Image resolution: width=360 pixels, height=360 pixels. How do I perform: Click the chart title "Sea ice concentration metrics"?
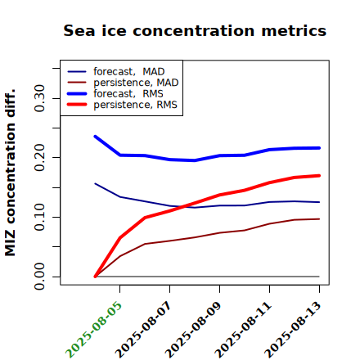click(195, 31)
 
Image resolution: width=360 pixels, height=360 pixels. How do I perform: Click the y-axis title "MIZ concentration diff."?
click(10, 173)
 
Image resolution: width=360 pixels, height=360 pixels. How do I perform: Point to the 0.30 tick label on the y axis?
click(40, 98)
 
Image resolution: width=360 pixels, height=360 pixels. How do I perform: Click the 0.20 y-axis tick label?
click(40, 158)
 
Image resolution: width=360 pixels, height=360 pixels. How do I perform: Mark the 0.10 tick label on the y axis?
click(40, 217)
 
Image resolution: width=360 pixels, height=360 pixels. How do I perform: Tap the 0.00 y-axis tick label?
click(40, 277)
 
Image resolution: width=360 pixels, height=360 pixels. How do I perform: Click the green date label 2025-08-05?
click(93, 330)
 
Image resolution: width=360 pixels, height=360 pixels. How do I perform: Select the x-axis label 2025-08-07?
click(143, 330)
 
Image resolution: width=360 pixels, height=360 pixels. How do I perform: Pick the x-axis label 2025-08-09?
click(193, 330)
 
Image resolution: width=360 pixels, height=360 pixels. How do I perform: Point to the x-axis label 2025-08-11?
click(243, 330)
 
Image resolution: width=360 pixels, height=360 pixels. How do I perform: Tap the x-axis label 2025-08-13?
click(293, 330)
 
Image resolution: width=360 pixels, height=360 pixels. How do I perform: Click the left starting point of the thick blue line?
click(95, 137)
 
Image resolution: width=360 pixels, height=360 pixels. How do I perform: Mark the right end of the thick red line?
click(319, 176)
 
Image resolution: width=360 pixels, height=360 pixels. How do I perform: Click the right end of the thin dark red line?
click(319, 219)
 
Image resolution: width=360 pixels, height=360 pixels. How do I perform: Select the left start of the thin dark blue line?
click(95, 183)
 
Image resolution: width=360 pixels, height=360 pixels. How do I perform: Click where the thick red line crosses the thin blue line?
click(183, 206)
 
